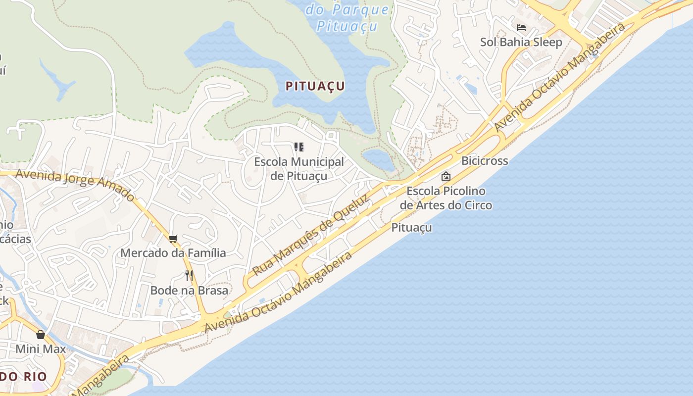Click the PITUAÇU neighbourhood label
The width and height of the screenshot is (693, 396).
(x=315, y=86)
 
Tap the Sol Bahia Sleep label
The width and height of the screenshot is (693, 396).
(x=521, y=42)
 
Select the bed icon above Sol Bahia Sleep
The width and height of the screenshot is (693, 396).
(x=521, y=28)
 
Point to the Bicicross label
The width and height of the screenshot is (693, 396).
(x=485, y=161)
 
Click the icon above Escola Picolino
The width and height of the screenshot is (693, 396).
(x=446, y=176)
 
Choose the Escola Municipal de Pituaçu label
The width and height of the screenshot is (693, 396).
(x=299, y=169)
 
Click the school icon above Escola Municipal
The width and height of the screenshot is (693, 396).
(x=298, y=147)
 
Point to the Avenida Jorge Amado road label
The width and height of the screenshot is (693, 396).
(x=75, y=185)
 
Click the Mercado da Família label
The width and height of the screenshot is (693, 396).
(x=173, y=253)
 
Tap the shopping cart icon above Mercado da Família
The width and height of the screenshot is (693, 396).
(x=173, y=239)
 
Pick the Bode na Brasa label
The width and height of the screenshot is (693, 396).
(x=189, y=291)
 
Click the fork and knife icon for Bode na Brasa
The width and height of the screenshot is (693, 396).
(x=189, y=276)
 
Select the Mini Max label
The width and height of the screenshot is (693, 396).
(x=41, y=349)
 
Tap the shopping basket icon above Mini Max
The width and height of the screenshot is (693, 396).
(x=41, y=335)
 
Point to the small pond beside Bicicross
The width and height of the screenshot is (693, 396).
(x=379, y=159)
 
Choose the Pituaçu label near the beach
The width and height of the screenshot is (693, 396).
(x=411, y=228)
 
